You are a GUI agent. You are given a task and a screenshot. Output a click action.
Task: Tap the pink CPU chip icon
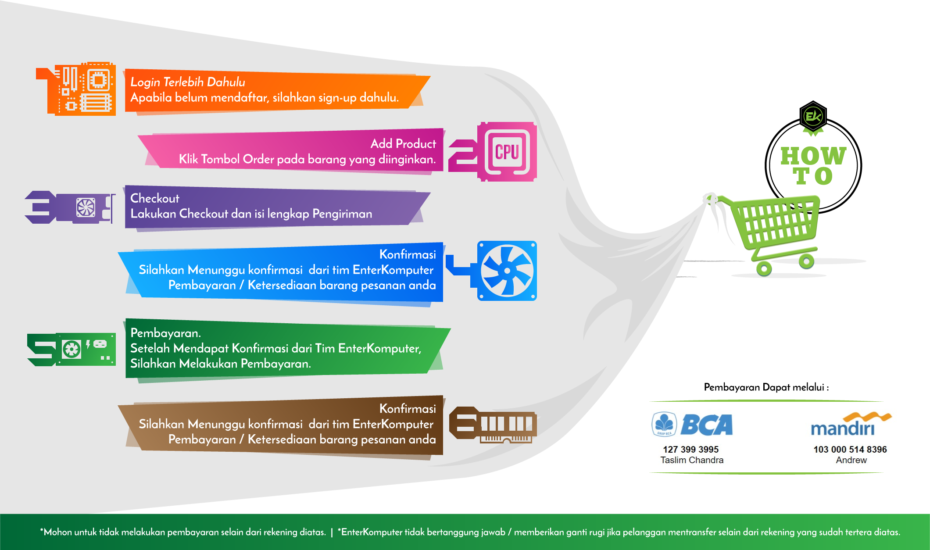507,152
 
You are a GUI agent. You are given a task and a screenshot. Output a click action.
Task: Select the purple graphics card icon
86,207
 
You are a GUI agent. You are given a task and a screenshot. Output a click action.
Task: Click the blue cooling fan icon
507,271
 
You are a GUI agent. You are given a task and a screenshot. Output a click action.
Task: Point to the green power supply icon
86,350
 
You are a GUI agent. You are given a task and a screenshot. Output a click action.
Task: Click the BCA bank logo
692,425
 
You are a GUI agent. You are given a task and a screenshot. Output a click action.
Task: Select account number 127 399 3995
691,450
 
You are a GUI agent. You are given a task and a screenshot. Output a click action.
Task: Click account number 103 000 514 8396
850,450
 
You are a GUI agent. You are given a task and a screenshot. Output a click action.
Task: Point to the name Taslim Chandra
692,460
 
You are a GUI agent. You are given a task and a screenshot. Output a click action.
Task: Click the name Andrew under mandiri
851,460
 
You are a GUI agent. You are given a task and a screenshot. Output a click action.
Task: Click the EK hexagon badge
813,117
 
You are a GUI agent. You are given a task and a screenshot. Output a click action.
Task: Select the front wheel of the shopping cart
764,268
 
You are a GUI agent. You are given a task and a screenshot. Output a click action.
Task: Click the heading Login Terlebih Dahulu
188,82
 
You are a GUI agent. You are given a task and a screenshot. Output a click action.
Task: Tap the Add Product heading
403,144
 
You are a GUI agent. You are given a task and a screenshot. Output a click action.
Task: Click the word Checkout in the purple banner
155,198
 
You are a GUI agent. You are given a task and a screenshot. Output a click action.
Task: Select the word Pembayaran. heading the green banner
165,333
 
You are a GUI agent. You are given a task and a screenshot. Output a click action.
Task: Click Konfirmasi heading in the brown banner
408,409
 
